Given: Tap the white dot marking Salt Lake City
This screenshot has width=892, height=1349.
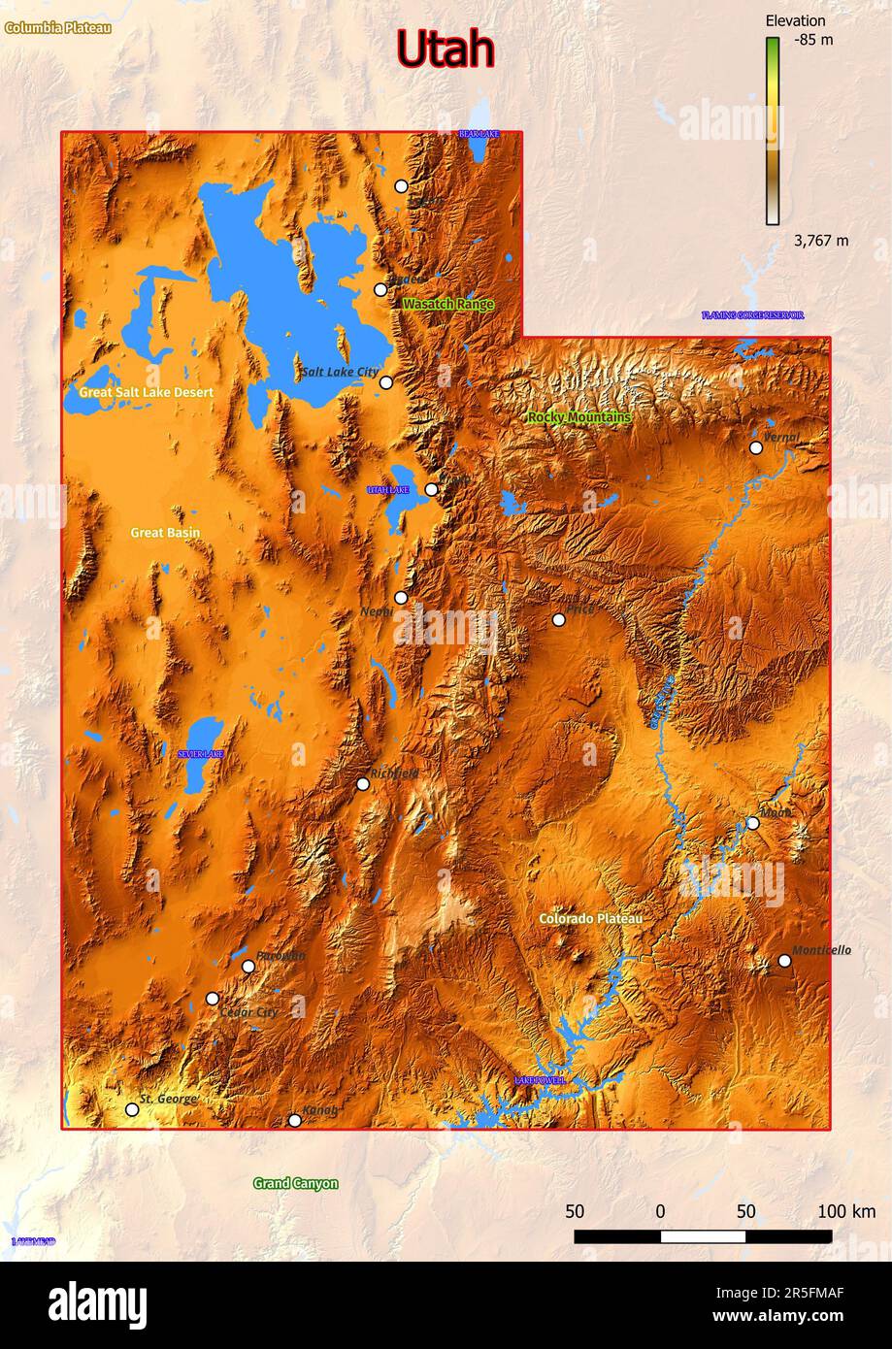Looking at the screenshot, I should click(385, 382).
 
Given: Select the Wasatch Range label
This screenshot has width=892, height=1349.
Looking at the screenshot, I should click(447, 304).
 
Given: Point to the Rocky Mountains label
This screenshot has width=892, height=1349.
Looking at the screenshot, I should click(578, 417).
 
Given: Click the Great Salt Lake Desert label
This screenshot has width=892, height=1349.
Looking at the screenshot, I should click(146, 392).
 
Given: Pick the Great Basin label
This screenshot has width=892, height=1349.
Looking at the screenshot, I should click(165, 532).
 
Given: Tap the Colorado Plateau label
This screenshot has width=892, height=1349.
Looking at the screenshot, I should click(590, 918).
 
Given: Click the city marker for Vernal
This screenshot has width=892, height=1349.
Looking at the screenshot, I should click(756, 447).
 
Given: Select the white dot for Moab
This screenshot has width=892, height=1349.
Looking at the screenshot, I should click(752, 823).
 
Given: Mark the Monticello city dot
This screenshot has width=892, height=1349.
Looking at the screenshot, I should click(784, 961).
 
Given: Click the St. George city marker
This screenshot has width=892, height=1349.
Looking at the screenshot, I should click(132, 1109).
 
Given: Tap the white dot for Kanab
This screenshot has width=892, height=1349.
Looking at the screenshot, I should click(295, 1120).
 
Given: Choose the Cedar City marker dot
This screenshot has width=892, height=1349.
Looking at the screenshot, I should click(213, 998).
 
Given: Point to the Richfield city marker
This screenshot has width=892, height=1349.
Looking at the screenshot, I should click(363, 783).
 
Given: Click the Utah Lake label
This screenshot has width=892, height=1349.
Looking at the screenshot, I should click(388, 490).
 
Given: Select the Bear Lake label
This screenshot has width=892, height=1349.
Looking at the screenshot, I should click(479, 133).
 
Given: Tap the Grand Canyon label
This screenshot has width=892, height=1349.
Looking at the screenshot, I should click(295, 1183).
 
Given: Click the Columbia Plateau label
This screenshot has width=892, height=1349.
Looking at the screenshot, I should click(58, 28).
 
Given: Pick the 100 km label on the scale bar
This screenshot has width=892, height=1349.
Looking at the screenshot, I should click(845, 1211).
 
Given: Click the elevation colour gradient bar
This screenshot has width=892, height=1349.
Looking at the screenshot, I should click(773, 130).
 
